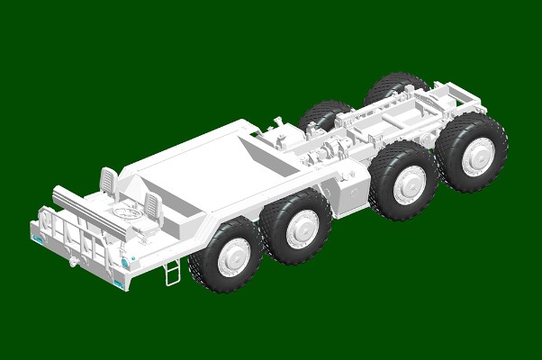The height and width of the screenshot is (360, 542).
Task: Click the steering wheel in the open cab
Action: click(125, 214)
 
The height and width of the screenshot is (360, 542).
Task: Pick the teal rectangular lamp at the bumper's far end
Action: click(37, 239)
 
